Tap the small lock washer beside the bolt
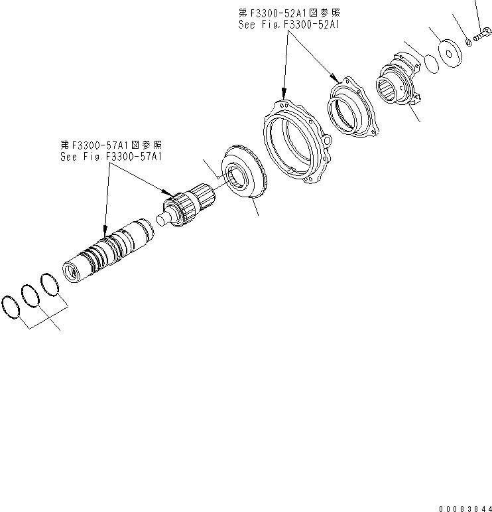pyautogui.click(x=469, y=43)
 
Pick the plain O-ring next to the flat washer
pyautogui.click(x=430, y=64)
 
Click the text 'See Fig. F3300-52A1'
pyautogui.click(x=288, y=25)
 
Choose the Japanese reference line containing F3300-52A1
pyautogui.click(x=288, y=13)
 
